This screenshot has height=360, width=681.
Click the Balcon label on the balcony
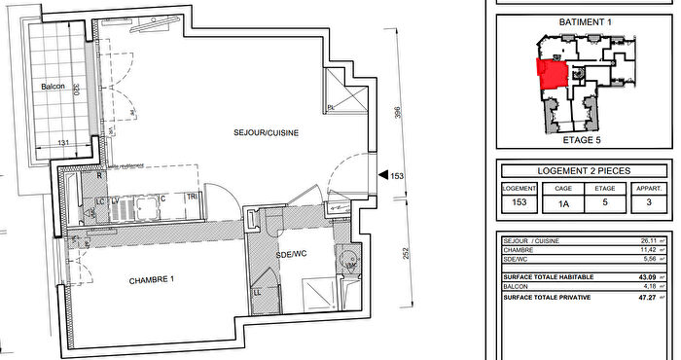[x=53, y=87]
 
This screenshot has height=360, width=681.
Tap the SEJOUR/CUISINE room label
[x=265, y=132]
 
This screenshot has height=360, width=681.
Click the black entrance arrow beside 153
[x=382, y=176]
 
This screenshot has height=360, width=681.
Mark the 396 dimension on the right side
[x=396, y=114]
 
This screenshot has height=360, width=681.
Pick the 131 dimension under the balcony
[x=64, y=144]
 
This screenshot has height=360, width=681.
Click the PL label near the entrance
[x=332, y=106]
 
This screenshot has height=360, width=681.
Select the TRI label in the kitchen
[x=193, y=198]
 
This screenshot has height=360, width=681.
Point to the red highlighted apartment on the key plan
[x=553, y=74]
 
